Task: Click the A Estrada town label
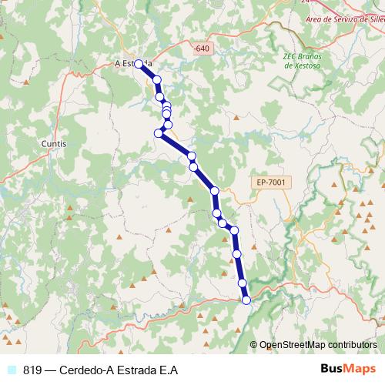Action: click(132, 63)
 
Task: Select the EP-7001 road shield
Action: click(272, 182)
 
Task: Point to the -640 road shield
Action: click(202, 49)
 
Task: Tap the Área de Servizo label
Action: click(345, 19)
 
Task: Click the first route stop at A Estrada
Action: click(139, 65)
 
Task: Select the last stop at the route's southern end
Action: click(246, 300)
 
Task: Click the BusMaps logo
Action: click(347, 370)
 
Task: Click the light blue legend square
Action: click(11, 370)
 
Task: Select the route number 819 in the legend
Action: click(32, 370)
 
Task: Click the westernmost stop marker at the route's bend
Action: click(159, 133)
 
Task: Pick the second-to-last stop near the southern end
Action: click(243, 283)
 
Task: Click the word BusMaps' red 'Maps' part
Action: click(360, 370)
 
